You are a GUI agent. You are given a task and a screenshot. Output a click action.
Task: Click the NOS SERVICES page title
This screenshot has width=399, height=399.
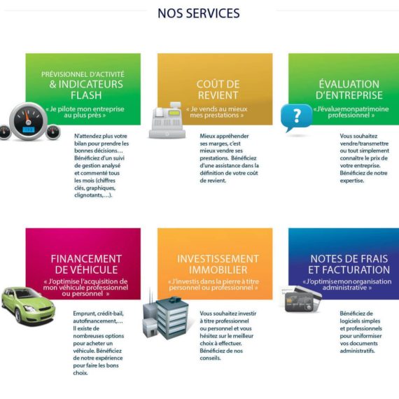pos(199,13)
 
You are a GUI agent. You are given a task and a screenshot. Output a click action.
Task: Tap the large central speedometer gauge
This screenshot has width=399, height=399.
pos(28,121)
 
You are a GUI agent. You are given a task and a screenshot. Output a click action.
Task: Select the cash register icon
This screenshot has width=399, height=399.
pos(167,120)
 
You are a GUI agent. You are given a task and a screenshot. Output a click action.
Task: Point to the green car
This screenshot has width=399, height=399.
pos(28,306)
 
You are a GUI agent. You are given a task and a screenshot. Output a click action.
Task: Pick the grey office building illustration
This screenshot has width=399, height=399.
pos(166,317)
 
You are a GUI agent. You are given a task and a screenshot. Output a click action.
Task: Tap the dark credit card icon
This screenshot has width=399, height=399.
pos(301,300)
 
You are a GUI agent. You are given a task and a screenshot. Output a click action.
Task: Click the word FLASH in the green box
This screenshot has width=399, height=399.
pos(86,95)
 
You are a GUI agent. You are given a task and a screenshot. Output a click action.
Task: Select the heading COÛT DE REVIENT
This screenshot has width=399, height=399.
pos(218,90)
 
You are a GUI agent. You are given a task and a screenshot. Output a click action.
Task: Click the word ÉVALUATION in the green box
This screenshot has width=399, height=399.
pos(349,84)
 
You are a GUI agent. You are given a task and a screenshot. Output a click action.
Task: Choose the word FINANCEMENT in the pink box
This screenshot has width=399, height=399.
pos(86,259)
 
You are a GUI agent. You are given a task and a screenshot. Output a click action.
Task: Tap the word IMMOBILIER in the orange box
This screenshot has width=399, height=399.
pos(218,270)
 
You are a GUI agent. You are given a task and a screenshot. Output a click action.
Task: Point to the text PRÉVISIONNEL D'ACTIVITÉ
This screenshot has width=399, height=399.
pos(83,74)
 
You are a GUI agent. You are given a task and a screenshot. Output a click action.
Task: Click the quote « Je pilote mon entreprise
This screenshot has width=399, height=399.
pos(85,109)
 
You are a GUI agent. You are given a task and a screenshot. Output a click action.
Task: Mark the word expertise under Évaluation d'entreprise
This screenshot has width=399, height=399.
pos(352,181)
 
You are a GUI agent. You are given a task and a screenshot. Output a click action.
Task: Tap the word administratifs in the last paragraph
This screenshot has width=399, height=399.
pos(358,351)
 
